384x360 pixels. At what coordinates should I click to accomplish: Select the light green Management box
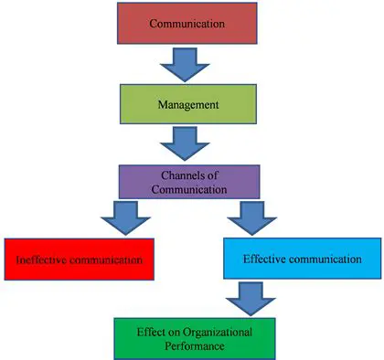[187, 104]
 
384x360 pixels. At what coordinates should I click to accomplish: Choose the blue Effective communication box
[302, 259]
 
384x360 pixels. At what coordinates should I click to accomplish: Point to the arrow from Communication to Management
[187, 63]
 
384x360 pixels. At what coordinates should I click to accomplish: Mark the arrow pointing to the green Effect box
[247, 298]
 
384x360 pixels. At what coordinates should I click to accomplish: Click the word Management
[187, 104]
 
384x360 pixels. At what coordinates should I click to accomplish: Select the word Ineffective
[44, 259]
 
